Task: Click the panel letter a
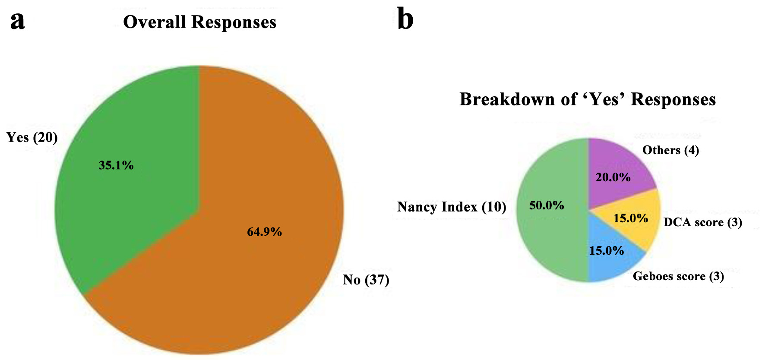coord(18,22)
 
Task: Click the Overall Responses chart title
coord(199,22)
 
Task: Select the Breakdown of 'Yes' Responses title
coord(588,99)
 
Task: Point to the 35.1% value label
coord(116,165)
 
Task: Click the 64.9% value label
coord(264,232)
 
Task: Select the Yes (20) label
coord(32,137)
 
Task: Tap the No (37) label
coord(366,280)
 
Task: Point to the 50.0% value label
coord(547,205)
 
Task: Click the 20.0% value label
coord(613,177)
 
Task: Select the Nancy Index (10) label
coord(452,207)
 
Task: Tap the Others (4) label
coord(670,150)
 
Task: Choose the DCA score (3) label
coord(703,222)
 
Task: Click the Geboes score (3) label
coord(678,276)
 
